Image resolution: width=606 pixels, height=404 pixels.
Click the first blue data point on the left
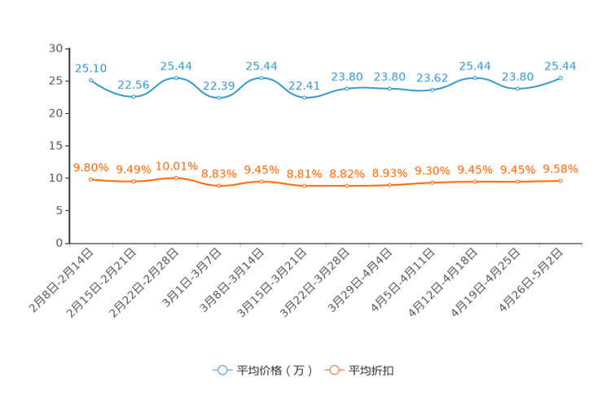click(90, 80)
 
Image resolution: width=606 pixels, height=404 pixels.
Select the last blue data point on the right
click(561, 77)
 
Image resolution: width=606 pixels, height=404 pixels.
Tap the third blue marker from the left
click(177, 77)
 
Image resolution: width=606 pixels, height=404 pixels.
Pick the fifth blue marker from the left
click(261, 77)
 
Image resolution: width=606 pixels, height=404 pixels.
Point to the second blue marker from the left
click(134, 96)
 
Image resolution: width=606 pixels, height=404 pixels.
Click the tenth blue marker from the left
click(476, 77)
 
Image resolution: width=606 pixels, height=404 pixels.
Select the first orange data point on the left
click(90, 179)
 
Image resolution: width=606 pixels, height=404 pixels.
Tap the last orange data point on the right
click(561, 180)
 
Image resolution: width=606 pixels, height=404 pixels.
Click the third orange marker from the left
click(177, 178)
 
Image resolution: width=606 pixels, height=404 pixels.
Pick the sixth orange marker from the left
click(305, 186)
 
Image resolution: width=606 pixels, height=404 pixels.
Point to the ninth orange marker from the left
click(433, 182)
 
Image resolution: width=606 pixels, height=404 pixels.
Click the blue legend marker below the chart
click(222, 370)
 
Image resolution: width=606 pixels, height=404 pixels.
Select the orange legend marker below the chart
click(333, 370)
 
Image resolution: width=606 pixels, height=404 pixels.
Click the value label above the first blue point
click(90, 68)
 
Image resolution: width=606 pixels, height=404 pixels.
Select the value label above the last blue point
click(560, 65)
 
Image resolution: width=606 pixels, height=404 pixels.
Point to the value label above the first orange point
click(90, 167)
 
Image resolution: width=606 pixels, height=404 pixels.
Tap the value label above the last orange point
click(561, 169)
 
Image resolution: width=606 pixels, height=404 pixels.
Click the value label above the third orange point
click(177, 165)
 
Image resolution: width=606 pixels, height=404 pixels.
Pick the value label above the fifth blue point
click(261, 65)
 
